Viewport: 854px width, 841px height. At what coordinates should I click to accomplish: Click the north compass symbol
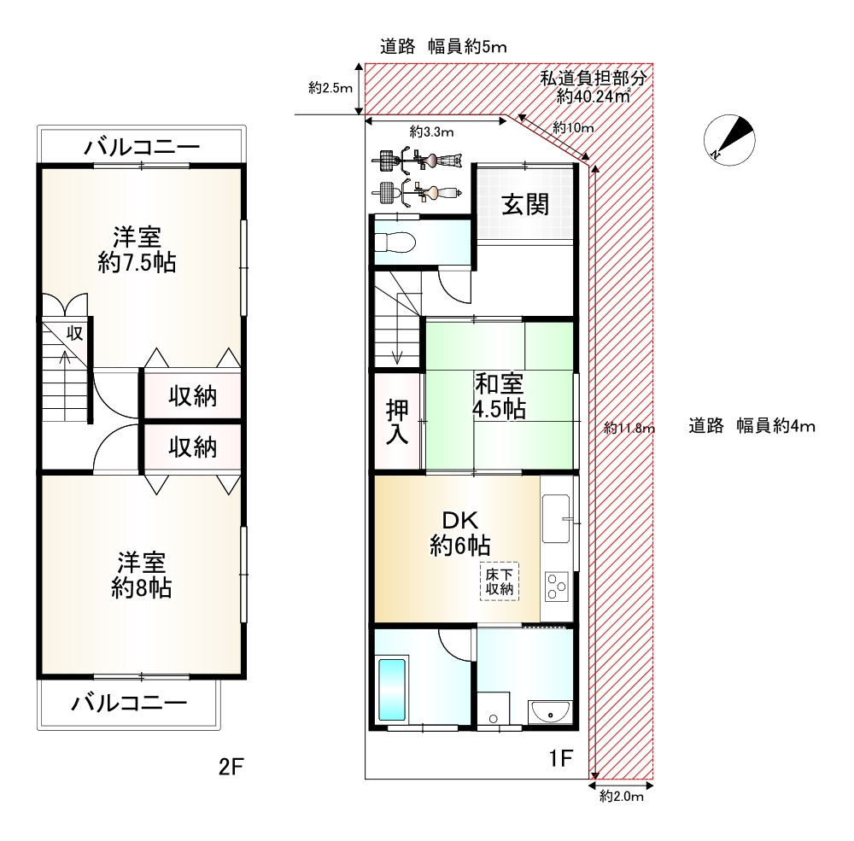coord(729,140)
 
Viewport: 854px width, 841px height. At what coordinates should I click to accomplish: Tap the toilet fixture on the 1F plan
coord(395,242)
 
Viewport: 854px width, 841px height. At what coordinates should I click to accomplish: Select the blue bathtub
coord(392,690)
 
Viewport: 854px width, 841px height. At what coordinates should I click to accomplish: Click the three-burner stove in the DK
coord(557,587)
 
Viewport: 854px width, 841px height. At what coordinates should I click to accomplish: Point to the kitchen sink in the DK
coord(556,518)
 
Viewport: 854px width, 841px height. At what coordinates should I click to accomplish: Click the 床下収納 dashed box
coord(500,581)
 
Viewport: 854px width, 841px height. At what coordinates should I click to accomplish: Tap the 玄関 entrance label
coord(525,205)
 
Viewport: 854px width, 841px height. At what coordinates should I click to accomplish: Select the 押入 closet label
coord(397,422)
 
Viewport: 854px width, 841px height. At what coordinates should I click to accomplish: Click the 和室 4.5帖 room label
coord(499,396)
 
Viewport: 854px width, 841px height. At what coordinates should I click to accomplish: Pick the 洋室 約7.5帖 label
coord(137,250)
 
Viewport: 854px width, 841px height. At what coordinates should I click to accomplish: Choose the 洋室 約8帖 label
coord(142,575)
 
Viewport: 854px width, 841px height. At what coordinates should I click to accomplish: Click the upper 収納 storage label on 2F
coord(193,396)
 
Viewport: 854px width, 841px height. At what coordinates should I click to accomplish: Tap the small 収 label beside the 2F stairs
coord(74,333)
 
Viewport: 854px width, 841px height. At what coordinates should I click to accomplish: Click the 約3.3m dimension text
coord(431,131)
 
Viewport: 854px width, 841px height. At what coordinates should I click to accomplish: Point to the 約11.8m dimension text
coord(629,428)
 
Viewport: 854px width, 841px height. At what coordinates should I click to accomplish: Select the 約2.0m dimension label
coord(622,797)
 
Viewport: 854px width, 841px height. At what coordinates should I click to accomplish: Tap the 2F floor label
coord(231,767)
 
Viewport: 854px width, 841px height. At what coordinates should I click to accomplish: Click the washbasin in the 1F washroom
coord(550,712)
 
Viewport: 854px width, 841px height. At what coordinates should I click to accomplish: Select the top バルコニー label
coord(142,147)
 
